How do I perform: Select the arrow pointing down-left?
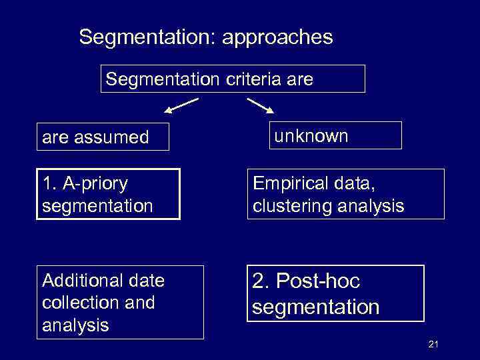coord(181,105)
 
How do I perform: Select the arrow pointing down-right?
coord(261,106)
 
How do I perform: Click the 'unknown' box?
coord(335,135)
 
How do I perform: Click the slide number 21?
coord(433,344)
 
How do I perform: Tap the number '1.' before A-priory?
coord(48,183)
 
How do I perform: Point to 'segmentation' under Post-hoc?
coord(316,307)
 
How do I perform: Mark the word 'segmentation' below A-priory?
coord(97,205)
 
